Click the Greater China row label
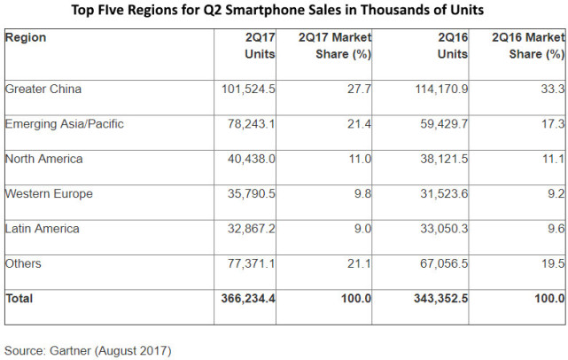[x=43, y=89]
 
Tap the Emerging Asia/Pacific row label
[x=64, y=124]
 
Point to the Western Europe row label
[x=49, y=193]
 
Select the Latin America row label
[x=42, y=229]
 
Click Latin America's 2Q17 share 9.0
[x=362, y=229]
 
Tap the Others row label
[x=23, y=263]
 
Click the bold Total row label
[x=19, y=299]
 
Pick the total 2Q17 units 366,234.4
[x=247, y=299]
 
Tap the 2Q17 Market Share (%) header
[x=334, y=46]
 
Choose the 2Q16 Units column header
[x=451, y=46]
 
